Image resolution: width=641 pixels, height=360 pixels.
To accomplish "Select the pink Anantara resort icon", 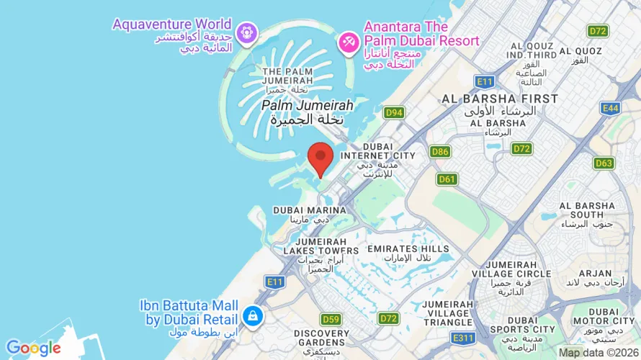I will pyautogui.click(x=349, y=42).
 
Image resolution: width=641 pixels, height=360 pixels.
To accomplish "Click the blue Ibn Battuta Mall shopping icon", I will pyautogui.click(x=252, y=315).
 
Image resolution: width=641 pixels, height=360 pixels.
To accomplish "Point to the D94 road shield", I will pyautogui.click(x=393, y=112).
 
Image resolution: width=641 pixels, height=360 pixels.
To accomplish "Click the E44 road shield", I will pyautogui.click(x=611, y=108).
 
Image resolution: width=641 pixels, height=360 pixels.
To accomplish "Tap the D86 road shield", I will pyautogui.click(x=440, y=151).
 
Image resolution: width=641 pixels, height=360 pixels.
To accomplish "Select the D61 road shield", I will pyautogui.click(x=447, y=179).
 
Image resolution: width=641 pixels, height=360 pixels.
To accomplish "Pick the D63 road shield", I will pyautogui.click(x=604, y=163).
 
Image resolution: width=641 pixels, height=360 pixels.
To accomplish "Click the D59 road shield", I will pyautogui.click(x=331, y=319).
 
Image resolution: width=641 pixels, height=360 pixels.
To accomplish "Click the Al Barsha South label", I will pyautogui.click(x=592, y=210).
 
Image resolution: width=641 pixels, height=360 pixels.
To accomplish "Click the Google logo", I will pyautogui.click(x=33, y=348).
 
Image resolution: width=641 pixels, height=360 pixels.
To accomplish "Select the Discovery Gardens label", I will pyautogui.click(x=322, y=338).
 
